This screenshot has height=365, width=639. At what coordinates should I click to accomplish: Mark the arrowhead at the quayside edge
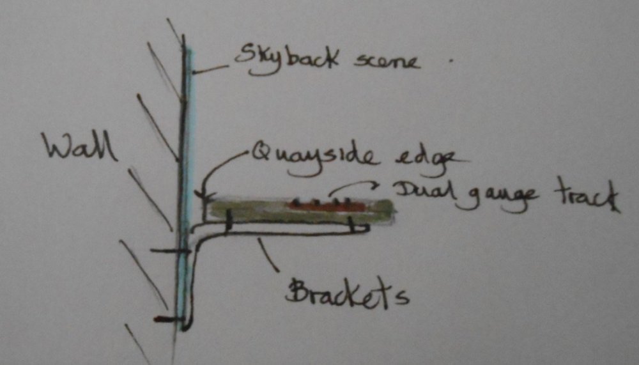pos(203,194)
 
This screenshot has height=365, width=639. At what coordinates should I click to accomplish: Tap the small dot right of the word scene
pos(451,61)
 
